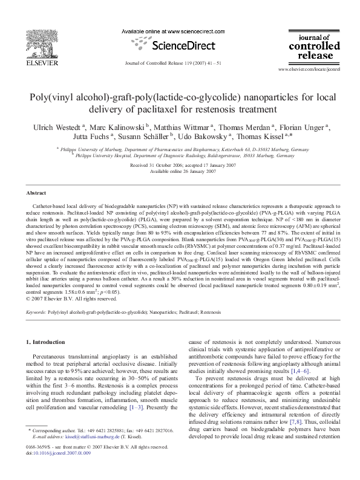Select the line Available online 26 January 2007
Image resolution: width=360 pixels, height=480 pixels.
tap(180, 171)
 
